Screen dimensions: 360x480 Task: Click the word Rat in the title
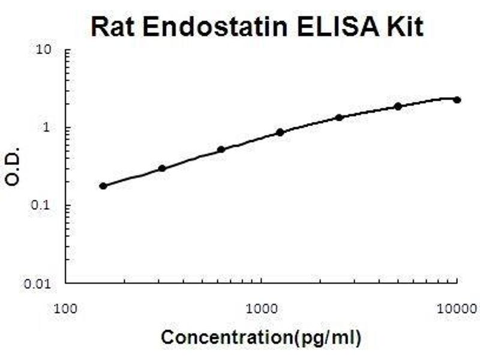coord(115,27)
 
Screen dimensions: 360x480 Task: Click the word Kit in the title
coord(401,27)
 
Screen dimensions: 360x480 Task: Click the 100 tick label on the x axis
coord(65,309)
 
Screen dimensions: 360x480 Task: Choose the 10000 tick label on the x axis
coord(457,309)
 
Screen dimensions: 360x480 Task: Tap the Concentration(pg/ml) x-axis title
coord(261,338)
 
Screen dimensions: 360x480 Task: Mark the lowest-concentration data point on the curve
coord(103,186)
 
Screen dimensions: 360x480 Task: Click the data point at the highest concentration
coord(457,100)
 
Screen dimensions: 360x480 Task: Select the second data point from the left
coord(162,169)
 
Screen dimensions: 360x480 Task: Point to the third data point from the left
coord(221,149)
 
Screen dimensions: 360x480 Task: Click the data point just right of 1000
coord(280,132)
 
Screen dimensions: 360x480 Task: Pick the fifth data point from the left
coord(339,117)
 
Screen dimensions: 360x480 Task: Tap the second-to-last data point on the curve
coord(398,106)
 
